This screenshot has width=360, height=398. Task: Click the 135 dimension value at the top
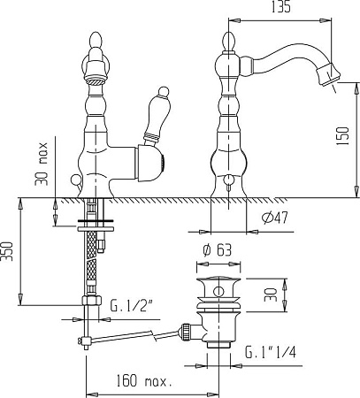pos(280,7)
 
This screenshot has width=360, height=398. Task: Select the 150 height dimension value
pos(342,136)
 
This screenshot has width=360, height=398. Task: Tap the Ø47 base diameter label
pos(275,218)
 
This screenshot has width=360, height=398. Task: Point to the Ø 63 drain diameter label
pos(218,250)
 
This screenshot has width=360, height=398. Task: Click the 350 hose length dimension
pos(7,251)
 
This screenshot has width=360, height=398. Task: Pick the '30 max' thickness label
pos(41,164)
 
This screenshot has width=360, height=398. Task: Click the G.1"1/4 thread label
pos(271,352)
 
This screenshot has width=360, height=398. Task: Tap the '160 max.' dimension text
pos(144,381)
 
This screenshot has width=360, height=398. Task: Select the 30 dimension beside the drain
pos(271,295)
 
